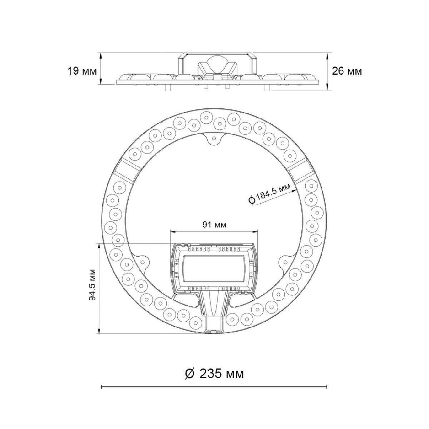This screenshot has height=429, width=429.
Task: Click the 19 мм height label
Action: tap(82, 71)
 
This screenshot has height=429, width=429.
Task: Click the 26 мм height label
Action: tap(347, 71)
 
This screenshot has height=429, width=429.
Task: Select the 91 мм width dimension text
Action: tap(214, 225)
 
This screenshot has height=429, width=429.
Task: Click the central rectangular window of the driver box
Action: tap(214, 270)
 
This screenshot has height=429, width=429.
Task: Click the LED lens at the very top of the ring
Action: tap(206, 116)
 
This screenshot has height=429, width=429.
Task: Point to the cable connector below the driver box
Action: tap(214, 315)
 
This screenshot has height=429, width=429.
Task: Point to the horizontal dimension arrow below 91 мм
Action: tap(214, 231)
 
